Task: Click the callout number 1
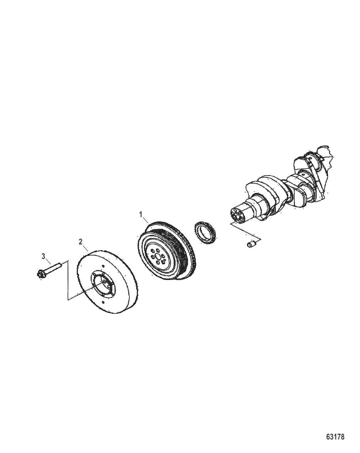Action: coord(140,215)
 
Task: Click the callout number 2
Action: coord(81,242)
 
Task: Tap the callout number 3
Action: coord(43,257)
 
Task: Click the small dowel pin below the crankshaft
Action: coord(251,244)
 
